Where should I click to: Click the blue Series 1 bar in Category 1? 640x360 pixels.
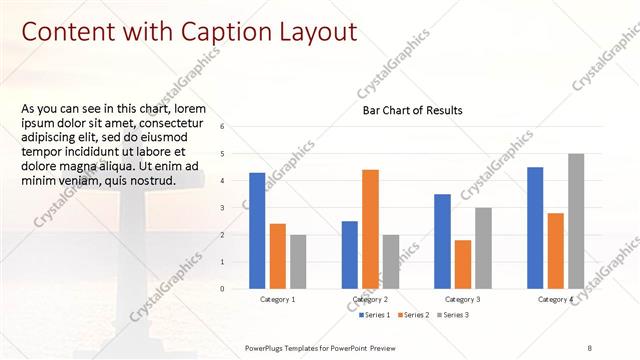click(x=257, y=230)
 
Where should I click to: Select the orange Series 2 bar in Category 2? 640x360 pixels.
click(x=370, y=229)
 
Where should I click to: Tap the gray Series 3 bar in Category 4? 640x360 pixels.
click(x=576, y=221)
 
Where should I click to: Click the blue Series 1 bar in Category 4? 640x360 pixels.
click(x=535, y=227)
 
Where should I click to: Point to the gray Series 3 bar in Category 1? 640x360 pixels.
click(x=298, y=261)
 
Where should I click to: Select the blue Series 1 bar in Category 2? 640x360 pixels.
click(x=350, y=254)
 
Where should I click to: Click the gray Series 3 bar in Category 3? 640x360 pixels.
click(x=483, y=248)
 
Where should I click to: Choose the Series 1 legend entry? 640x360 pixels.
click(x=376, y=315)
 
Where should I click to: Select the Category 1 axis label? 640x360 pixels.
click(x=277, y=299)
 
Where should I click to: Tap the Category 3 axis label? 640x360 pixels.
click(x=462, y=299)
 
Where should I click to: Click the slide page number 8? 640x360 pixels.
click(x=589, y=346)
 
